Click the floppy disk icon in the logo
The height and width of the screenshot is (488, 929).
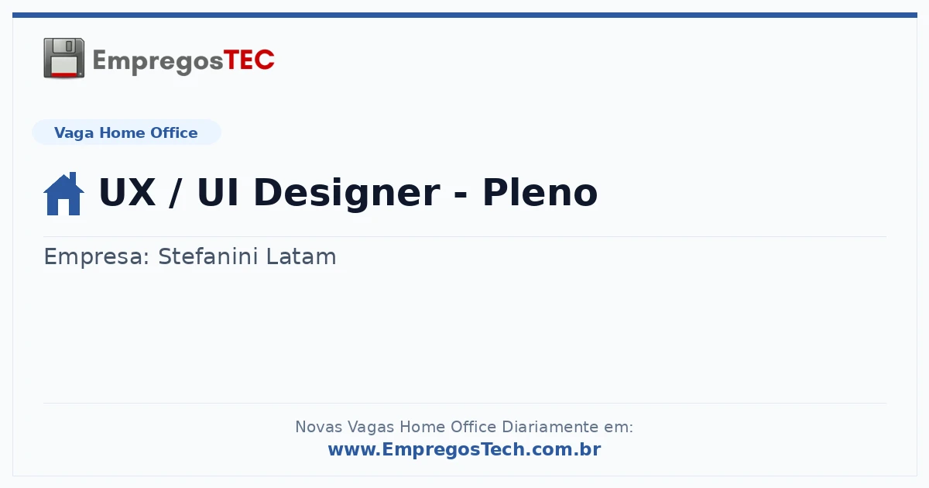63,57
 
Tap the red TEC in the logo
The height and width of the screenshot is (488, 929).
249,60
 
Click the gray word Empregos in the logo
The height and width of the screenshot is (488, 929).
158,62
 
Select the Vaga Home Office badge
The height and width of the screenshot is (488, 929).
126,132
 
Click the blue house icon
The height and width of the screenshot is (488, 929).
63,194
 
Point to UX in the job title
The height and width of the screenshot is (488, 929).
127,192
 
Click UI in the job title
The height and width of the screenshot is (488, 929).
218,192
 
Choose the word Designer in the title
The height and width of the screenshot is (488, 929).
347,194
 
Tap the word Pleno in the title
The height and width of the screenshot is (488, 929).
540,192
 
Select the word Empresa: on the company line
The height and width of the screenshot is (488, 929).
97,257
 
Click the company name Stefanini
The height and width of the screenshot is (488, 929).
208,256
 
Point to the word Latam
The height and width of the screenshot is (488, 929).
301,256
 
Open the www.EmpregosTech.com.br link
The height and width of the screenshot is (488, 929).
464,449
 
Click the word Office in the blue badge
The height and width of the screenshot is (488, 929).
173,132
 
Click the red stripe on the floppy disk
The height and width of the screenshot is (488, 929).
63,74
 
